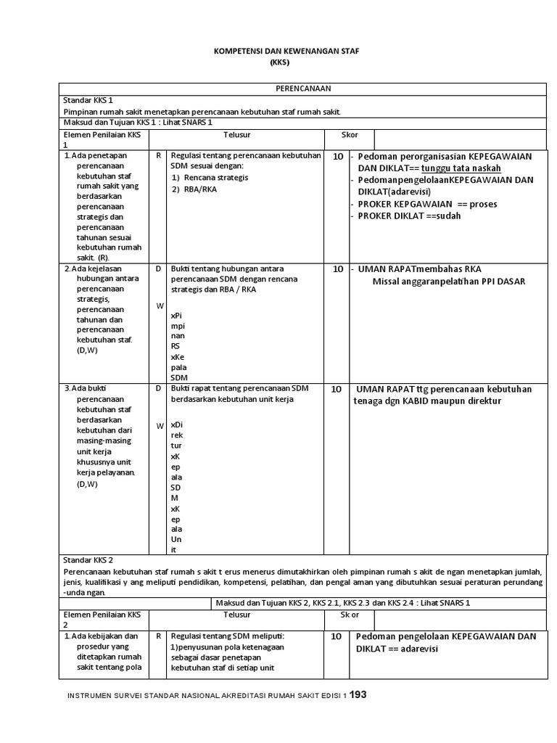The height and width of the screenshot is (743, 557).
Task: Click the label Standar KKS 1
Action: pos(89,100)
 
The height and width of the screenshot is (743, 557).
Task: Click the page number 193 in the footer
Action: pos(358,694)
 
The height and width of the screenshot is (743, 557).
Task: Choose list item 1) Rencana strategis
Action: pos(210,177)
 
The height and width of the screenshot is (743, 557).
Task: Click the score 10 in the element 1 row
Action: pos(337,156)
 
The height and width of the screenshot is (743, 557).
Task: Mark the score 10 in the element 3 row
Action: pos(337,389)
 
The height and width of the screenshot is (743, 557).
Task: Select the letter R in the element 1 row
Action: pos(158,155)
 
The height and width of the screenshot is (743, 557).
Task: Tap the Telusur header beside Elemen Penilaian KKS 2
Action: pos(236,614)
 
